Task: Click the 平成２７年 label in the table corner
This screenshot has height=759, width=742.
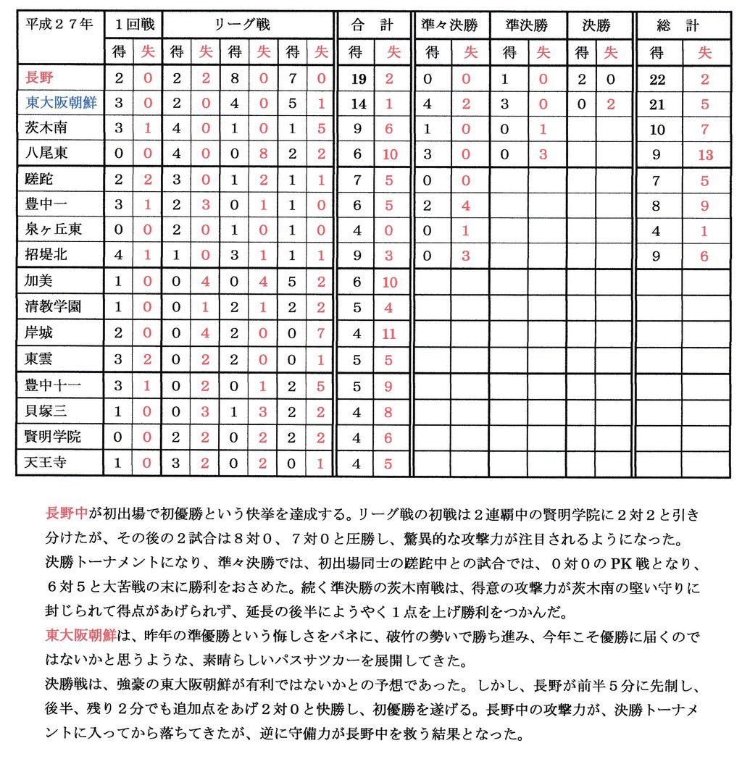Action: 59,25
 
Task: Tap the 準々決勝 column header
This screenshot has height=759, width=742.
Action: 450,25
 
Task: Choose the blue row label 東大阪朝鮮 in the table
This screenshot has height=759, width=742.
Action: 61,104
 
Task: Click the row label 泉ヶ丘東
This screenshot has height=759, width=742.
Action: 54,230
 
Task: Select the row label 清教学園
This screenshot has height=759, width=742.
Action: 54,306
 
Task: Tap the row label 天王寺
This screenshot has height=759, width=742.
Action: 46,461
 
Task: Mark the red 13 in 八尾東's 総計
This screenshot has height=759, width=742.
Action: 705,154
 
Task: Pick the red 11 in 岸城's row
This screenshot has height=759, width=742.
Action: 389,332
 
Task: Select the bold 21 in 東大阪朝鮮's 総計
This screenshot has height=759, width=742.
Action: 657,104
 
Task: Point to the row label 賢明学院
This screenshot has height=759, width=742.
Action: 54,437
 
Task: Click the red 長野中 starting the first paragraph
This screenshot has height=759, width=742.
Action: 67,514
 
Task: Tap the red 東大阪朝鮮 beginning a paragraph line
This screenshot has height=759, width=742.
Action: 81,636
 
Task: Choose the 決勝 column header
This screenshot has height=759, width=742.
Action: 596,25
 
